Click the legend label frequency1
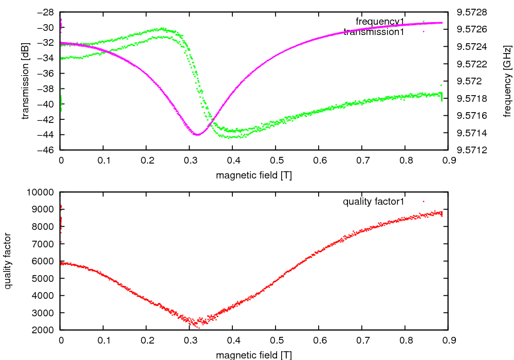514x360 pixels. (380, 21)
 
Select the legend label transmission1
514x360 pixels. (374, 31)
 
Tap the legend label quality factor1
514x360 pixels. (374, 201)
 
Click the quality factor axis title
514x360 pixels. (8, 261)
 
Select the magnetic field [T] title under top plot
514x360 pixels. (254, 175)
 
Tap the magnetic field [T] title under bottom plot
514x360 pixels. (254, 355)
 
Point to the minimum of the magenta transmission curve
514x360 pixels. (198, 135)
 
